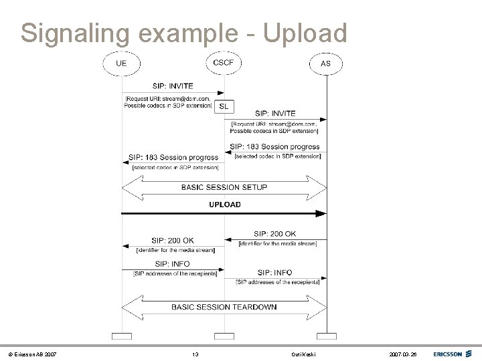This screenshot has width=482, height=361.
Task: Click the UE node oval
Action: [121, 64]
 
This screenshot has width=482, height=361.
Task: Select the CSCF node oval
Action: [224, 63]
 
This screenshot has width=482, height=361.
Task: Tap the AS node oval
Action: [326, 64]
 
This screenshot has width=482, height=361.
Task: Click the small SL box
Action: [224, 107]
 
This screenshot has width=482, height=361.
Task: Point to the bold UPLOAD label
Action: [224, 205]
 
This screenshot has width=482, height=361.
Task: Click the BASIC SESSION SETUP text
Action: [224, 187]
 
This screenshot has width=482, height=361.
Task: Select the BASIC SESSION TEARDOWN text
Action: [224, 307]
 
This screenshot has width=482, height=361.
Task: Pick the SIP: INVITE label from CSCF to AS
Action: [275, 114]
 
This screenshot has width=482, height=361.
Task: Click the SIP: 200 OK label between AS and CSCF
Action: [274, 234]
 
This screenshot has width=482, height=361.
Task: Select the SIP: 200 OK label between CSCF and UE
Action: [172, 241]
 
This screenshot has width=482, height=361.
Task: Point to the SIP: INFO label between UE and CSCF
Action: [172, 265]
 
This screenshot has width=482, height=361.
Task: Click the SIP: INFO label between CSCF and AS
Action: [274, 273]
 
